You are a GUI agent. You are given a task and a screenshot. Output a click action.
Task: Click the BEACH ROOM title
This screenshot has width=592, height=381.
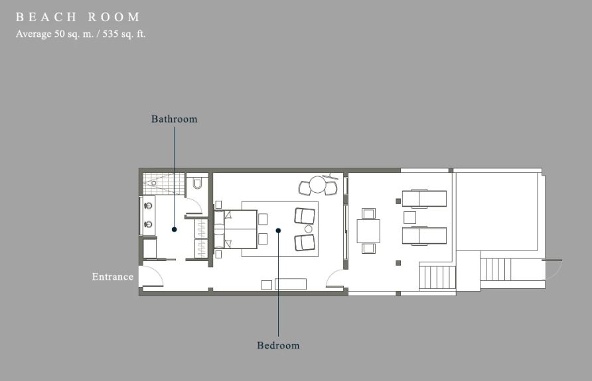(78, 17)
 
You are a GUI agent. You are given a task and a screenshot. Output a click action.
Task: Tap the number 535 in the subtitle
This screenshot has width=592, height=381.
(110, 34)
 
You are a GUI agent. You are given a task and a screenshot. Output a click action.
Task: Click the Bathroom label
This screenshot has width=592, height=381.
(174, 119)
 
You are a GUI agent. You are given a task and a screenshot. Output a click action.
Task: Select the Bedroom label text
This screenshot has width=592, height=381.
(278, 346)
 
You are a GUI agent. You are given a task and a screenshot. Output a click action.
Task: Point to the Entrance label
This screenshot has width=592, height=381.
(113, 277)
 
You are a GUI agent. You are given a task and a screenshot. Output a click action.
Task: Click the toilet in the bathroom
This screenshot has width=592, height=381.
(198, 184)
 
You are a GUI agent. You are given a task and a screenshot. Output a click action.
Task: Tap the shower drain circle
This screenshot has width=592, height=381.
(154, 183)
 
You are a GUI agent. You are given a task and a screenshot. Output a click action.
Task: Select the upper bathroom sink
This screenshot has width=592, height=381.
(149, 206)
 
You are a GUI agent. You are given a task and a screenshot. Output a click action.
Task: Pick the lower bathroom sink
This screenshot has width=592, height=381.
(149, 225)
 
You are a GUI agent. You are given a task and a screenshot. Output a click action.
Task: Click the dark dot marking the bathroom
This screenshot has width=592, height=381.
(174, 229)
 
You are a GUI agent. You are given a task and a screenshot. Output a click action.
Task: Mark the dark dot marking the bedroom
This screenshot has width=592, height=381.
(278, 231)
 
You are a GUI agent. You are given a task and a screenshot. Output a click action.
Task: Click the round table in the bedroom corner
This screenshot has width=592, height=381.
(318, 185)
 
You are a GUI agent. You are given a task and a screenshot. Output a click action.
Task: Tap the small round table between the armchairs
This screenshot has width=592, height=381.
(309, 229)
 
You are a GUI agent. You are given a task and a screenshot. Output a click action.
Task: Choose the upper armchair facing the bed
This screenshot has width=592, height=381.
(305, 216)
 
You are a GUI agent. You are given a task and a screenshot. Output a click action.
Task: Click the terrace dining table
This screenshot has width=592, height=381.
(368, 231)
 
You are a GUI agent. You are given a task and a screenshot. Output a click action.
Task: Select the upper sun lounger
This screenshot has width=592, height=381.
(424, 198)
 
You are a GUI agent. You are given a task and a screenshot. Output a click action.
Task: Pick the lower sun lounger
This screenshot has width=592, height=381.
(424, 236)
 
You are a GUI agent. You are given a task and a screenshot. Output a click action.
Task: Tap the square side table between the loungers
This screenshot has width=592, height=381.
(409, 217)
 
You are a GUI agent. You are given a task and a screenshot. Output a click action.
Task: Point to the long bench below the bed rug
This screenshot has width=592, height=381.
(290, 284)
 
